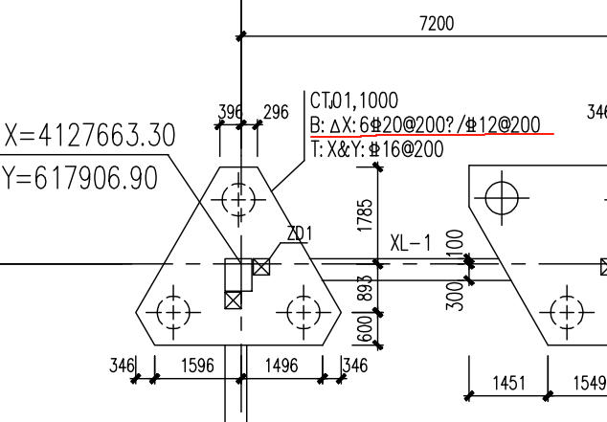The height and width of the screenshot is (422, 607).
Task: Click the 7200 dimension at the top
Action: point(437,24)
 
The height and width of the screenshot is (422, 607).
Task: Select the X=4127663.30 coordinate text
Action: point(90,135)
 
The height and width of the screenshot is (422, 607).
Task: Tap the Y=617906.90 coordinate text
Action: point(80,178)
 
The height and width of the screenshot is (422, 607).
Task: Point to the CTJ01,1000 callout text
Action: point(354,100)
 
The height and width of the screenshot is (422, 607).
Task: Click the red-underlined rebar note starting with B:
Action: point(425,125)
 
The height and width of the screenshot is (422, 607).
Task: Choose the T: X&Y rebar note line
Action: point(377,149)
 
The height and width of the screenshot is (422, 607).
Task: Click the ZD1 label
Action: point(300,233)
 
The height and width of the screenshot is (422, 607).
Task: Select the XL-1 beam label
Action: point(411,243)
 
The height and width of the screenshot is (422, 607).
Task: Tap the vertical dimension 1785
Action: point(365,215)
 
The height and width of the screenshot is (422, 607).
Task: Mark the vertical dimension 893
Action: point(365,288)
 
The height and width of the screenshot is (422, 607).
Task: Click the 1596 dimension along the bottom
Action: point(197,366)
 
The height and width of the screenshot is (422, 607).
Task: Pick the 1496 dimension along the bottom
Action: point(281,366)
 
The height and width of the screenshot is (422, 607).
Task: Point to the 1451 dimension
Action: point(509,383)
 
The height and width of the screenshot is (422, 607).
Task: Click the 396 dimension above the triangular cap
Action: point(230,112)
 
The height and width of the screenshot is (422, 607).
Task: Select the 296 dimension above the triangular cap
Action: point(276,112)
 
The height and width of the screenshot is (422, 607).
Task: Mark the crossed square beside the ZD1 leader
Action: point(261,267)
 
